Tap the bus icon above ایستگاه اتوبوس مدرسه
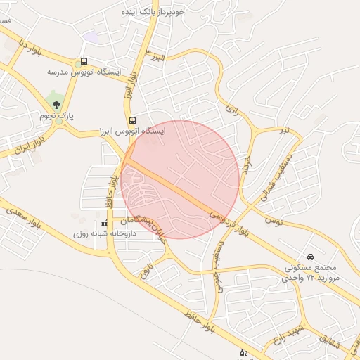84,62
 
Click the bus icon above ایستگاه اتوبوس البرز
132,120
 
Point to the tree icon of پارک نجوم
56,105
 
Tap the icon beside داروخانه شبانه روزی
104,223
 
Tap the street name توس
274,221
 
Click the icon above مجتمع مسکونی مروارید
310,257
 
